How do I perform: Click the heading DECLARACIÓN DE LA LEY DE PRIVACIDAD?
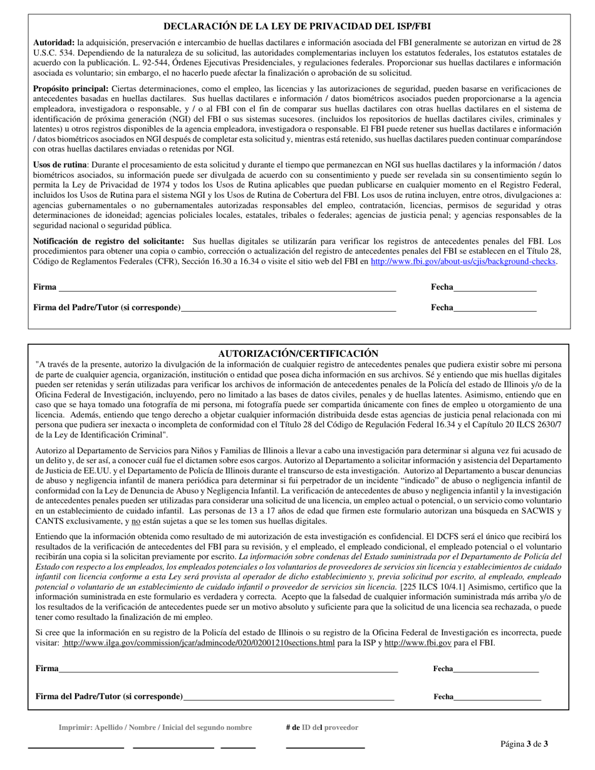tap(297, 26)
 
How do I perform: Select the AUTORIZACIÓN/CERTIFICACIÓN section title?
tap(298, 354)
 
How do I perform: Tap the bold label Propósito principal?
tap(71, 89)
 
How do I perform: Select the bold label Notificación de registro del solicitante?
tap(108, 241)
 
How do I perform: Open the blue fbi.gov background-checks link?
tap(463, 262)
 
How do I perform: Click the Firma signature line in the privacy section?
tap(225, 287)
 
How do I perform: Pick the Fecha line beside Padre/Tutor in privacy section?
tap(495, 308)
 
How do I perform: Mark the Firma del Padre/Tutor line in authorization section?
tap(288, 697)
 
